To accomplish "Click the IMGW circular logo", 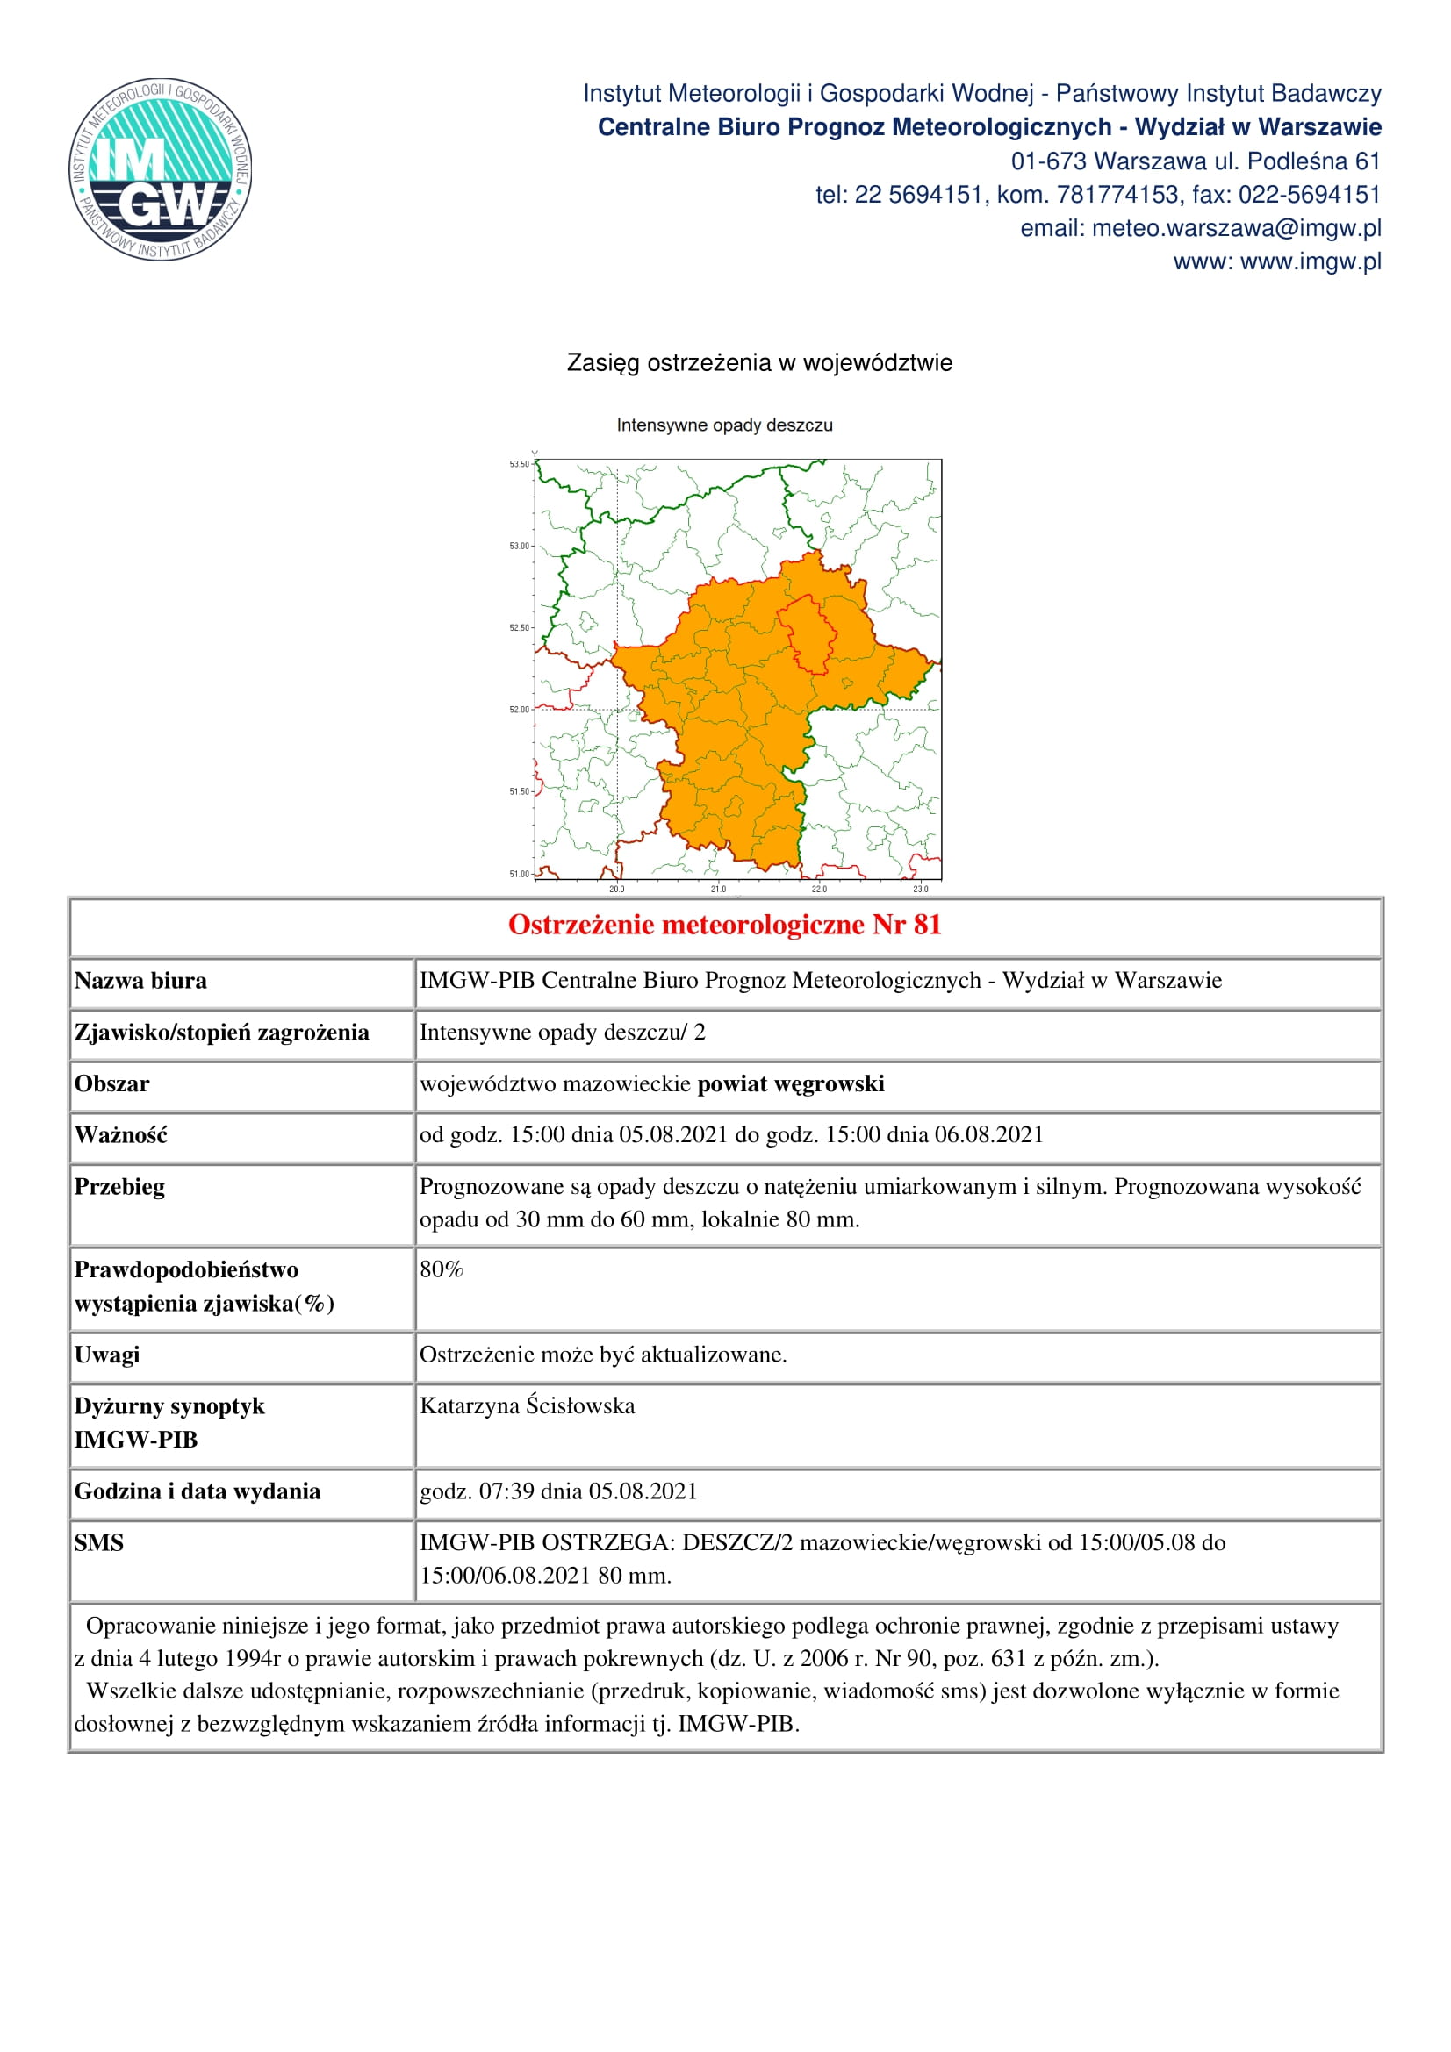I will pyautogui.click(x=160, y=169).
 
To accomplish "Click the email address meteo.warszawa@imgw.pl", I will pyautogui.click(x=1237, y=229).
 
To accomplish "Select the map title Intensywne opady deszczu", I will pyautogui.click(x=724, y=425).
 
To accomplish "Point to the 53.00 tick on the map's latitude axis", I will pyautogui.click(x=519, y=546).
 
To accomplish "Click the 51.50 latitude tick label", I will pyautogui.click(x=519, y=792).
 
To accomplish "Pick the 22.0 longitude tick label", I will pyautogui.click(x=819, y=890).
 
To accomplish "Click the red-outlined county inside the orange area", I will pyautogui.click(x=808, y=634).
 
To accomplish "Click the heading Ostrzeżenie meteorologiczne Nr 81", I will pyautogui.click(x=724, y=925).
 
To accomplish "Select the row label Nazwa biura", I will pyautogui.click(x=140, y=982).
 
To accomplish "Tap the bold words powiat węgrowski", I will pyautogui.click(x=790, y=1084).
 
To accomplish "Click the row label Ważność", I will pyautogui.click(x=120, y=1135).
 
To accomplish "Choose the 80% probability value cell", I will pyautogui.click(x=442, y=1270).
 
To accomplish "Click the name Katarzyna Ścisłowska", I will pyautogui.click(x=528, y=1405).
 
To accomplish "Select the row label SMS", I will pyautogui.click(x=99, y=1542).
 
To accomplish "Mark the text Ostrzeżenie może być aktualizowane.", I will pyautogui.click(x=603, y=1355).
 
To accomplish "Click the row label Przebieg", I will pyautogui.click(x=119, y=1187).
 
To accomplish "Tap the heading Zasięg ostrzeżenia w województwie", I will pyautogui.click(x=759, y=363).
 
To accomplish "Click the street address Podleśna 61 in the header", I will pyautogui.click(x=1313, y=161).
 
